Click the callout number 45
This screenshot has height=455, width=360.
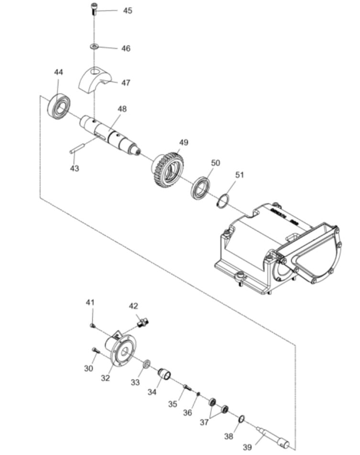(x=128, y=11)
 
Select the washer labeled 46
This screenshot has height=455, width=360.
(x=94, y=46)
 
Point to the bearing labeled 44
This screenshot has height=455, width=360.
(x=59, y=106)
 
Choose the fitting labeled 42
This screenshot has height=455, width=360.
(x=142, y=323)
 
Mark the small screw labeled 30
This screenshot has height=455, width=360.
(x=96, y=351)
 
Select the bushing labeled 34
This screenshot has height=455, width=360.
(x=165, y=373)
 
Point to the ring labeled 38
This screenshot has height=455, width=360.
(x=242, y=419)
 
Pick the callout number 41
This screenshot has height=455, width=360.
(x=90, y=302)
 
